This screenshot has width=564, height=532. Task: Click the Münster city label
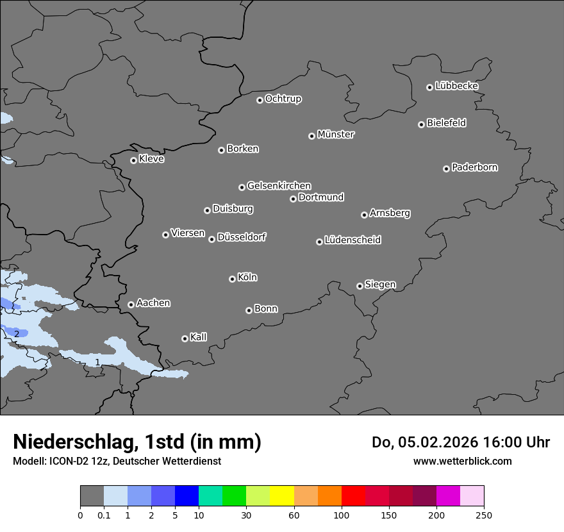(x=336, y=135)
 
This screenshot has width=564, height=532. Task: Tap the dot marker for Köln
(x=232, y=279)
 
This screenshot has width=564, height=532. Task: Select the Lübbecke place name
(x=456, y=86)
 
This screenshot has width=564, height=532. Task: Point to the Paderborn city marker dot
(x=446, y=169)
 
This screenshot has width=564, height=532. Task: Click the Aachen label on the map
(x=153, y=303)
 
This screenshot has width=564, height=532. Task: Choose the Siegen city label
(x=380, y=285)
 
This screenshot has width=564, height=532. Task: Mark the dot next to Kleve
(x=133, y=160)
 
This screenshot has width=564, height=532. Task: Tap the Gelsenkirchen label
(x=279, y=186)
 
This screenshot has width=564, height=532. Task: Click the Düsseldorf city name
(x=242, y=237)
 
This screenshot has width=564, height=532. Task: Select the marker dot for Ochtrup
(x=260, y=100)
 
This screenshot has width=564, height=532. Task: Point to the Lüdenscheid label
(x=352, y=240)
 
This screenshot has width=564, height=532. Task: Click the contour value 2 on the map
(x=17, y=333)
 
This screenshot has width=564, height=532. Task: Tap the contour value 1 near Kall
(x=97, y=362)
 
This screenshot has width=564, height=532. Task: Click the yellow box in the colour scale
(x=282, y=496)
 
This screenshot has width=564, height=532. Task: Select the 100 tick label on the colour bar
(x=342, y=515)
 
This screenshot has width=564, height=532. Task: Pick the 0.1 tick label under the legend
(x=104, y=515)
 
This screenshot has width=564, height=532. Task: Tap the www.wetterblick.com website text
(x=462, y=461)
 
